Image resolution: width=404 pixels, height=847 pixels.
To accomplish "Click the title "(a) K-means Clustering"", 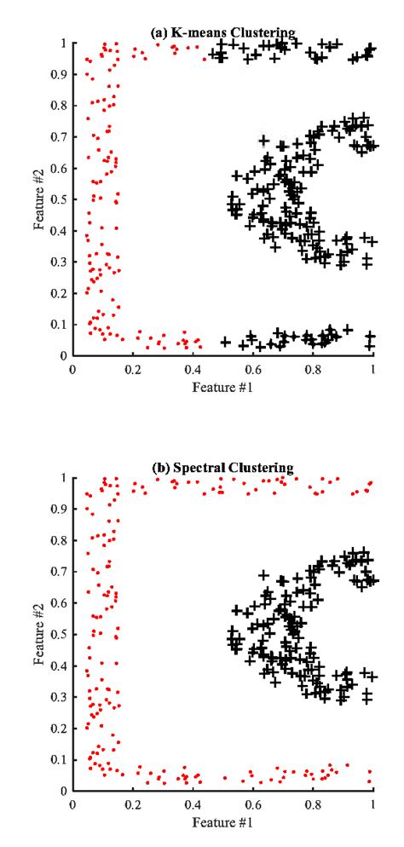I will pyautogui.click(x=222, y=33).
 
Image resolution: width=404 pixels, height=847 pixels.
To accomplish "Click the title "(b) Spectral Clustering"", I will pyautogui.click(x=222, y=468).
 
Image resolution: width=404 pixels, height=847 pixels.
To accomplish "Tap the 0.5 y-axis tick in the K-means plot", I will pyautogui.click(x=59, y=199).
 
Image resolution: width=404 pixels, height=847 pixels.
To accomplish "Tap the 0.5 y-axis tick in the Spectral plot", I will pyautogui.click(x=59, y=634).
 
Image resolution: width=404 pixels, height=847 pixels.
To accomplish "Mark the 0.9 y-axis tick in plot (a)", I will pyautogui.click(x=59, y=75).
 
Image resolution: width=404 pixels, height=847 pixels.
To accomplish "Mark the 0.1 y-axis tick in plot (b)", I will pyautogui.click(x=59, y=759).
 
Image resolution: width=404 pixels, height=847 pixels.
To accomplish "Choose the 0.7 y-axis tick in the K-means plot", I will pyautogui.click(x=59, y=137).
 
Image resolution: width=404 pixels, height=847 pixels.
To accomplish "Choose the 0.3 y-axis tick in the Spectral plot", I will pyautogui.click(x=59, y=697).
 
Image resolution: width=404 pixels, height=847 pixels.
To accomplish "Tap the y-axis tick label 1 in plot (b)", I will pyautogui.click(x=64, y=478).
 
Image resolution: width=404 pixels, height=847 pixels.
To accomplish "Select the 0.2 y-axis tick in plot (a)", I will pyautogui.click(x=59, y=293).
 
